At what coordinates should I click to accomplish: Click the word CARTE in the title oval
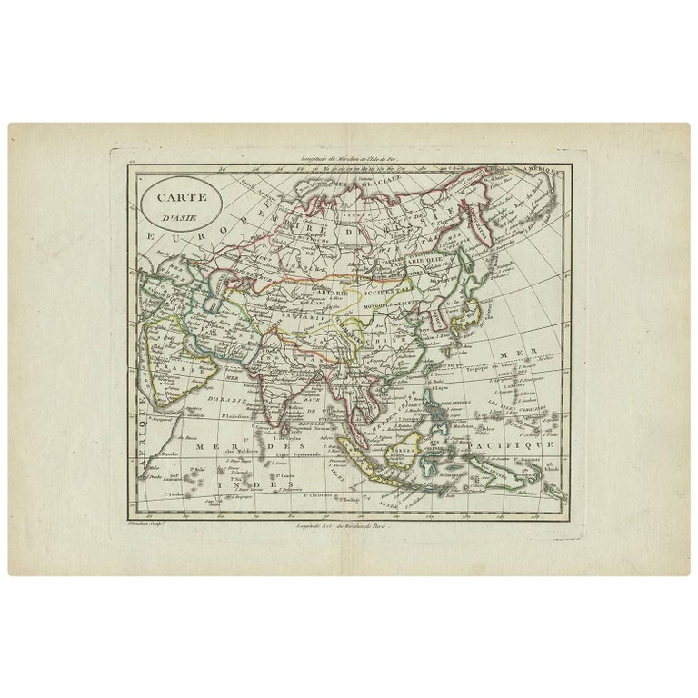[179, 194]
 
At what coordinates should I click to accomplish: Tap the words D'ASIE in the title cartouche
[179, 214]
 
